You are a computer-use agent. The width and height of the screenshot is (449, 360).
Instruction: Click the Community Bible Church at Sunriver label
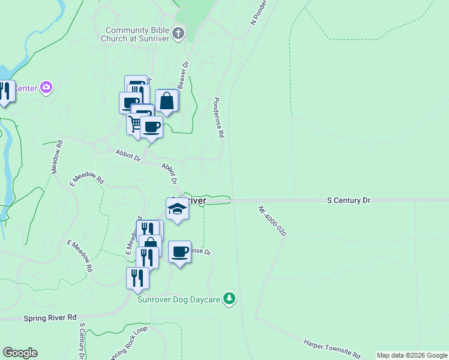[137, 34]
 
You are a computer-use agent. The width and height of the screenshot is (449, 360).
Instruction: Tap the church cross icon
[178, 34]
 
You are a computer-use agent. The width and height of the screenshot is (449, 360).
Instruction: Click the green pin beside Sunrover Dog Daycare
[229, 298]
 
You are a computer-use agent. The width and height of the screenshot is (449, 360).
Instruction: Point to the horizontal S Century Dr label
[349, 200]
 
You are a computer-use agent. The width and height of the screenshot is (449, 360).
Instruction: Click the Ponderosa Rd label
[218, 118]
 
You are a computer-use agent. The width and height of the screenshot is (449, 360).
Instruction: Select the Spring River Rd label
[50, 317]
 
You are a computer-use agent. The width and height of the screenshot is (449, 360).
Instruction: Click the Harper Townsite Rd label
[332, 347]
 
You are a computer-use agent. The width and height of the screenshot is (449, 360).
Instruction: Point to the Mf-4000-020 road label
[272, 221]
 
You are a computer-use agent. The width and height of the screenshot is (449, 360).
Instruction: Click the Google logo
[20, 353]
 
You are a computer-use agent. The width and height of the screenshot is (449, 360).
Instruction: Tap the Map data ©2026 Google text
[411, 355]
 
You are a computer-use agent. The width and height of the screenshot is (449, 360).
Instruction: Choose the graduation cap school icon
[177, 209]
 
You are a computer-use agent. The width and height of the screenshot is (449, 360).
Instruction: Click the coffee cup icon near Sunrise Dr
[179, 252]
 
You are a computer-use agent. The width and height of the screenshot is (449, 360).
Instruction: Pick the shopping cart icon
[136, 124]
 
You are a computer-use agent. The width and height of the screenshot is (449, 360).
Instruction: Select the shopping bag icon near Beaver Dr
[166, 101]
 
